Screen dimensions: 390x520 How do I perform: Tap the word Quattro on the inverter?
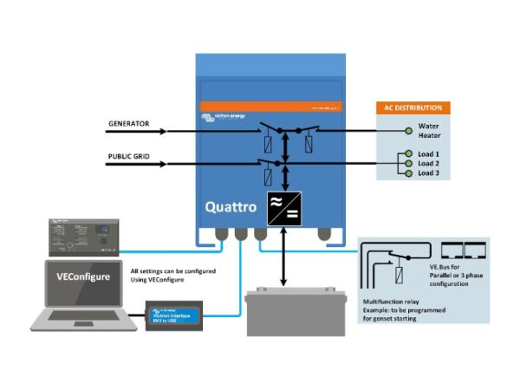click(230, 208)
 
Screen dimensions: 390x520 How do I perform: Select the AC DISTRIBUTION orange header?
click(413, 108)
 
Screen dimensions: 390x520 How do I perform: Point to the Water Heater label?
click(429, 130)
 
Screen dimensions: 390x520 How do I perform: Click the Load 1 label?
click(430, 154)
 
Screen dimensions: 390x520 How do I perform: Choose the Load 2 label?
click(430, 163)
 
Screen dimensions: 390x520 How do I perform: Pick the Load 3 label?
click(430, 172)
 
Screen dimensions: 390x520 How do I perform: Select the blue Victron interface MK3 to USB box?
click(174, 312)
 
